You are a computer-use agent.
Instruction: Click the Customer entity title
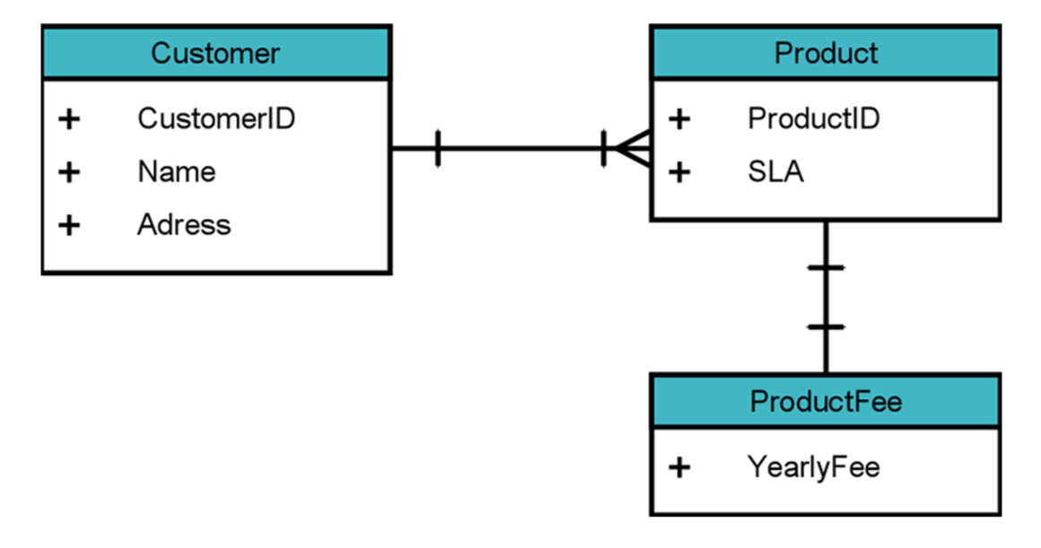pyautogui.click(x=215, y=53)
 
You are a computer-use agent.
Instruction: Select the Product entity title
pyautogui.click(x=826, y=53)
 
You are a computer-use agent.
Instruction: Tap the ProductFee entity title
pyautogui.click(x=826, y=401)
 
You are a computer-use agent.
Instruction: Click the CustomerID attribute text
pyautogui.click(x=215, y=118)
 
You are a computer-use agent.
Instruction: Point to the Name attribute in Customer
pyautogui.click(x=176, y=171)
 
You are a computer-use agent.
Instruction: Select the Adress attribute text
pyautogui.click(x=183, y=224)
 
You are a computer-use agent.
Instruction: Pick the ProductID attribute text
pyautogui.click(x=813, y=118)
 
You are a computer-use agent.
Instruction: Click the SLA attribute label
pyautogui.click(x=775, y=171)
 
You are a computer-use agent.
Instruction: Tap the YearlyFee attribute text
pyautogui.click(x=813, y=466)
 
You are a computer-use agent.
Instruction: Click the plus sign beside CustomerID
pyautogui.click(x=69, y=118)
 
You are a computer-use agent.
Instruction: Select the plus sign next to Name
pyautogui.click(x=69, y=171)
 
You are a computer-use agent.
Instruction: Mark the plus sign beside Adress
pyautogui.click(x=69, y=224)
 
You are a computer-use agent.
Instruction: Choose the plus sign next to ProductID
pyautogui.click(x=679, y=118)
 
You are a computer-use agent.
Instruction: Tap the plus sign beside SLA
pyautogui.click(x=679, y=171)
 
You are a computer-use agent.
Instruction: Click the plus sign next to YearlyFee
pyautogui.click(x=679, y=466)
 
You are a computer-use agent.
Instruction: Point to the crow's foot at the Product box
pyautogui.click(x=634, y=149)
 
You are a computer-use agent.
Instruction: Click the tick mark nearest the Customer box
pyautogui.click(x=437, y=149)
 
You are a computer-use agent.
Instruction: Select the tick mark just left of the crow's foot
pyautogui.click(x=603, y=149)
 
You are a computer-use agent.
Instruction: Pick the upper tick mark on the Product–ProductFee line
pyautogui.click(x=826, y=267)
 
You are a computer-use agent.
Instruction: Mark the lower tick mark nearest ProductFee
pyautogui.click(x=826, y=327)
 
